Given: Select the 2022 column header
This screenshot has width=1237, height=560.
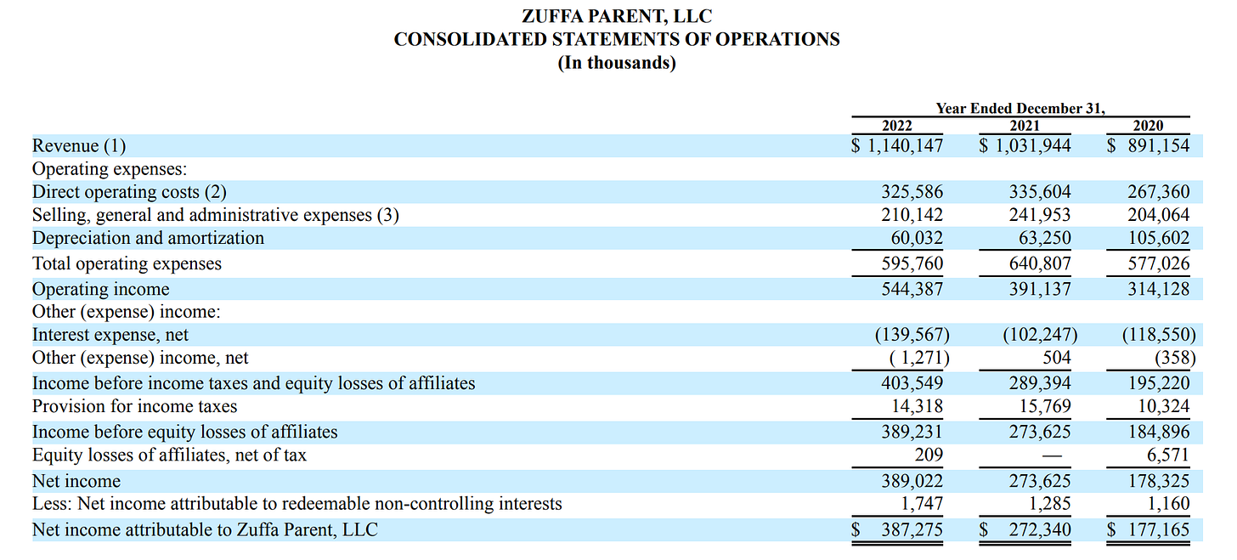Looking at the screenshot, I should [x=897, y=126].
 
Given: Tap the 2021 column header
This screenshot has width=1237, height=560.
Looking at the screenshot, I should [x=1025, y=126].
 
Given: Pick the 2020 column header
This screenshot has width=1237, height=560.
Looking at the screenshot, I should [x=1149, y=126].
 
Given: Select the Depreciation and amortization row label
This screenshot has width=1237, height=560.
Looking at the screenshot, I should [x=148, y=238].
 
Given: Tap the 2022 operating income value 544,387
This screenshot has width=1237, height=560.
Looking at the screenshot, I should [x=912, y=289].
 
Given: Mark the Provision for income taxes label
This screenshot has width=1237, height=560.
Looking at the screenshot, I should [x=134, y=406].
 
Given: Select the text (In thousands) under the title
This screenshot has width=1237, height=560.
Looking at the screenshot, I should [x=616, y=64].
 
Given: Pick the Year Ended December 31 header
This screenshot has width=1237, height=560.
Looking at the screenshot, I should [x=1020, y=109].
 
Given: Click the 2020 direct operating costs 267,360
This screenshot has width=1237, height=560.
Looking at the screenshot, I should [x=1158, y=192].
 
